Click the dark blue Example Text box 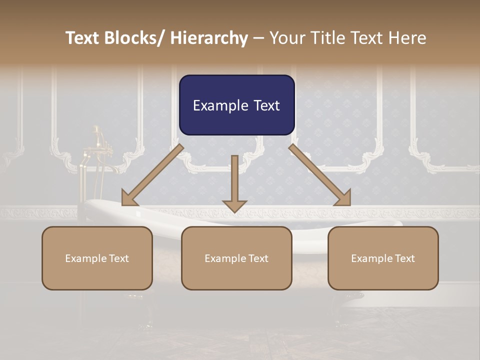coord(236,105)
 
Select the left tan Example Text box coord(97,258)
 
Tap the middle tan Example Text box coord(236,258)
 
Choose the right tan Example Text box coord(383,258)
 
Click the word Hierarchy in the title coord(209,38)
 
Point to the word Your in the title coord(287,38)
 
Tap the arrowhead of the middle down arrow coord(234,205)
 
